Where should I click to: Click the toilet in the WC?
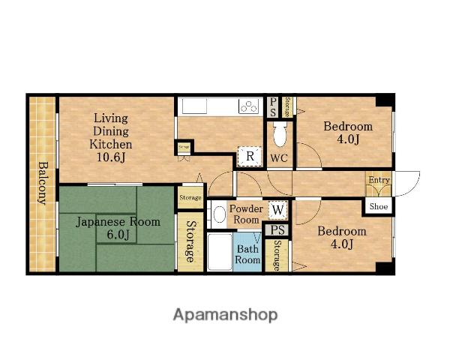[280, 133]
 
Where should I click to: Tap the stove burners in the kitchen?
[249, 106]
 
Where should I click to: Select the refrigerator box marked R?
[250, 157]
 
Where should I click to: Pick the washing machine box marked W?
[277, 210]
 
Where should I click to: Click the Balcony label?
[43, 183]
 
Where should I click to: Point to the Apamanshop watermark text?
[225, 315]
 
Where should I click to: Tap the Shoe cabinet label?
[379, 206]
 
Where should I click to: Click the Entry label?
[379, 180]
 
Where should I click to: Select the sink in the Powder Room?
[219, 214]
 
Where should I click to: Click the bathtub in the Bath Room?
[220, 252]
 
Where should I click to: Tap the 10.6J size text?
[111, 157]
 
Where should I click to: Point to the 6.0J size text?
[118, 235]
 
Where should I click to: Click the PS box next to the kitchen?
[273, 107]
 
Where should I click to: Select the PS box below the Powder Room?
[277, 230]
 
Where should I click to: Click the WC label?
[279, 158]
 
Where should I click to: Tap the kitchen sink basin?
[194, 106]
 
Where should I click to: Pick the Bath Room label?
[247, 254]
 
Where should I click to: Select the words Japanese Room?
[118, 222]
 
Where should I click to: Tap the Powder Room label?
[246, 214]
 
